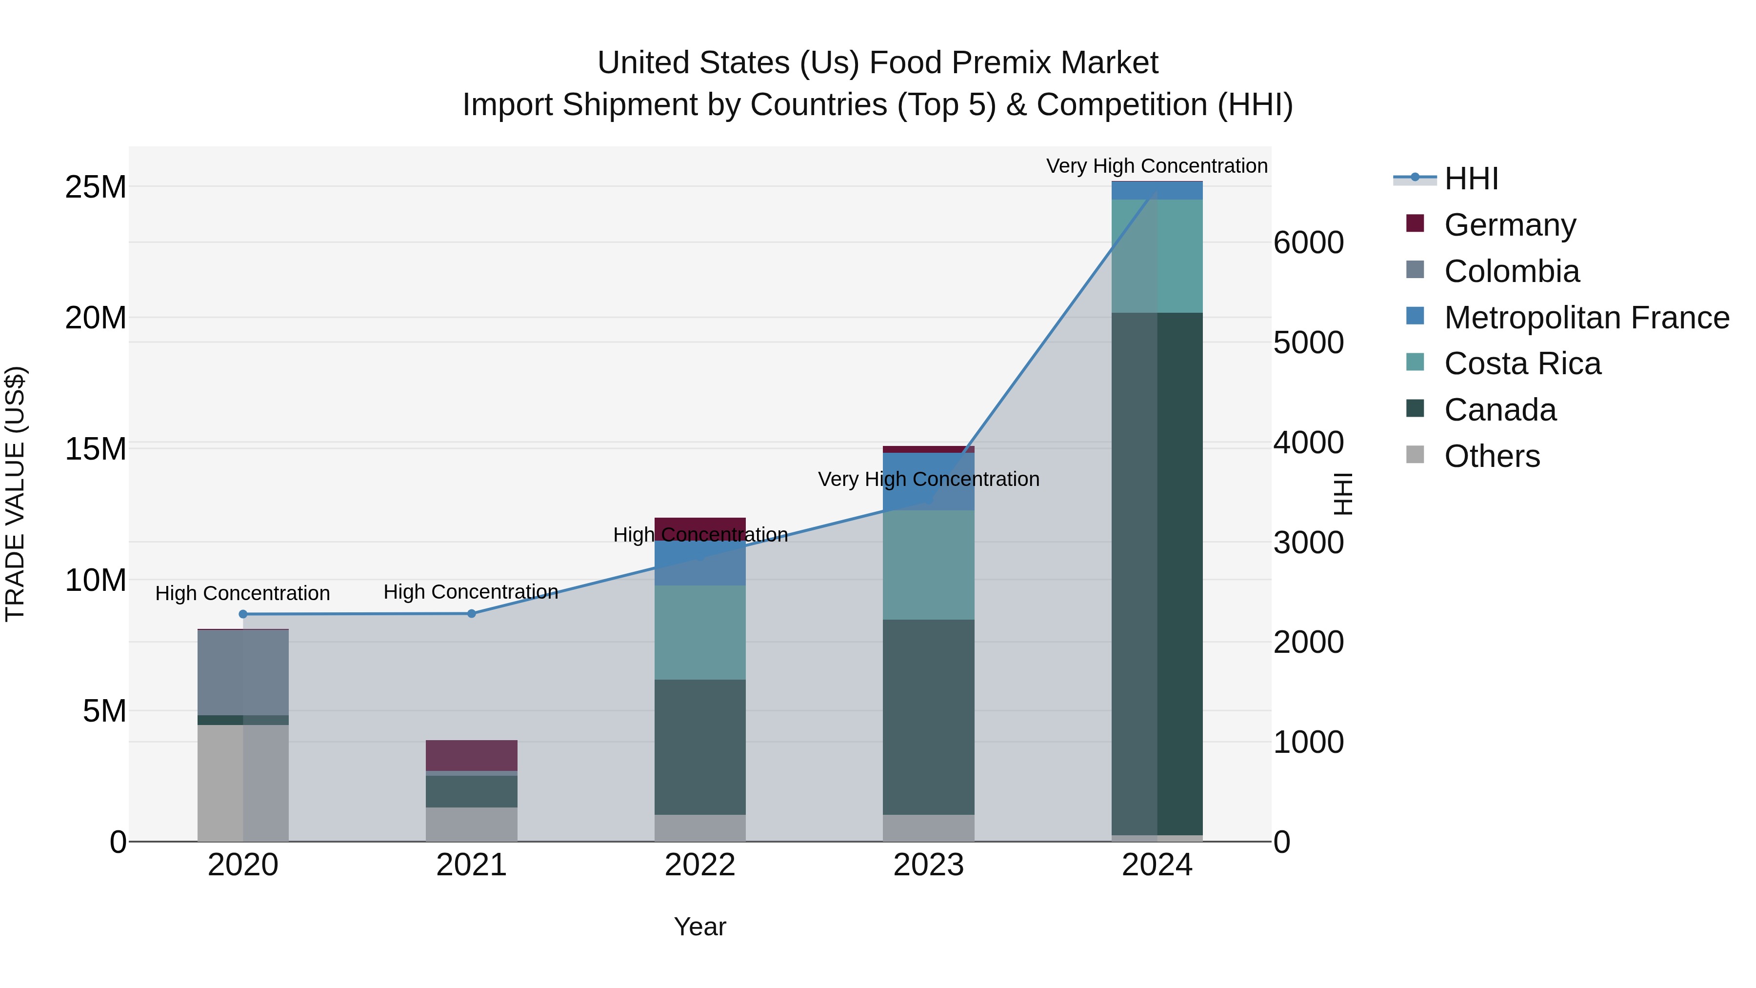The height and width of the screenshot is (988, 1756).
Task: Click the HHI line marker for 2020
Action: pos(243,614)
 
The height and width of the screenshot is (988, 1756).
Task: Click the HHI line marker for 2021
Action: pos(471,614)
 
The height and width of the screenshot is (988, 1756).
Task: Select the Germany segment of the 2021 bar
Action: pos(471,755)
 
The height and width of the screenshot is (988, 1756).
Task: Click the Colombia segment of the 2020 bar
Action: pos(243,672)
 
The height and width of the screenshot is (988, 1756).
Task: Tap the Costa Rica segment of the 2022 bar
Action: pos(699,632)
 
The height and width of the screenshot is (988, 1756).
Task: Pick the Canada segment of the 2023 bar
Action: pos(928,716)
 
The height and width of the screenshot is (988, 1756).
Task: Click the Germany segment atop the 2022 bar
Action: pos(699,528)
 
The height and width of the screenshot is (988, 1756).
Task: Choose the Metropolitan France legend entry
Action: pos(1586,318)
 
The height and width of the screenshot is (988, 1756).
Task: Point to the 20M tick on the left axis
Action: pos(96,318)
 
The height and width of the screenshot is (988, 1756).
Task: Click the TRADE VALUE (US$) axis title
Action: pos(15,494)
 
